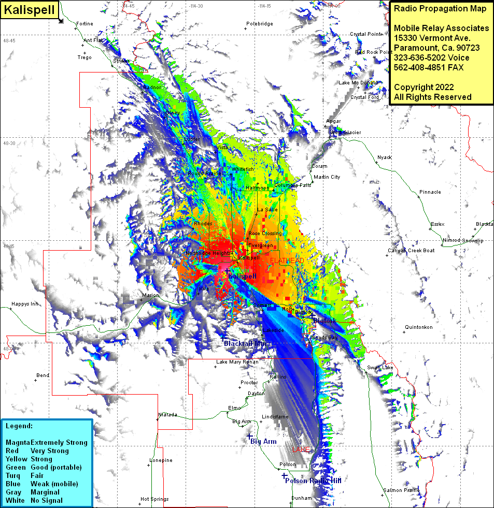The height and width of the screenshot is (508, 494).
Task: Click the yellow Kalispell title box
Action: click(x=28, y=10)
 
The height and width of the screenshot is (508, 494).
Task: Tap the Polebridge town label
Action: click(x=259, y=24)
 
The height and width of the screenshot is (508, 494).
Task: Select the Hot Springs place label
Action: click(x=154, y=499)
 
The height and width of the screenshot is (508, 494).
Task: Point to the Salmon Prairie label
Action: click(x=401, y=490)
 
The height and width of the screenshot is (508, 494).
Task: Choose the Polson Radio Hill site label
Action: click(x=313, y=481)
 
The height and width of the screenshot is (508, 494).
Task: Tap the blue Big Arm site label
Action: click(x=263, y=442)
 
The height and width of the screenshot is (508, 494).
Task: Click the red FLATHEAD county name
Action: click(x=287, y=260)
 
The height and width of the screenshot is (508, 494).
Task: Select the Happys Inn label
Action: click(x=25, y=304)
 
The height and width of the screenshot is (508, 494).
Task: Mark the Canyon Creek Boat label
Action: click(x=411, y=251)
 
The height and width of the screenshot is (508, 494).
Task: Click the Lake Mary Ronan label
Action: click(x=237, y=362)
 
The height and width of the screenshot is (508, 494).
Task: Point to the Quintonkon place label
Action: click(x=418, y=327)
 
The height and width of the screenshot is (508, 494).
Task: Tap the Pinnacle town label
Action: click(x=430, y=192)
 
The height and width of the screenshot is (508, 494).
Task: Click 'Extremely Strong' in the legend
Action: click(x=59, y=443)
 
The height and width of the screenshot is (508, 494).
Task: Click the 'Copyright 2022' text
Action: click(x=424, y=87)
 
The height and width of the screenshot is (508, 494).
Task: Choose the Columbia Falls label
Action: click(x=292, y=185)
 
